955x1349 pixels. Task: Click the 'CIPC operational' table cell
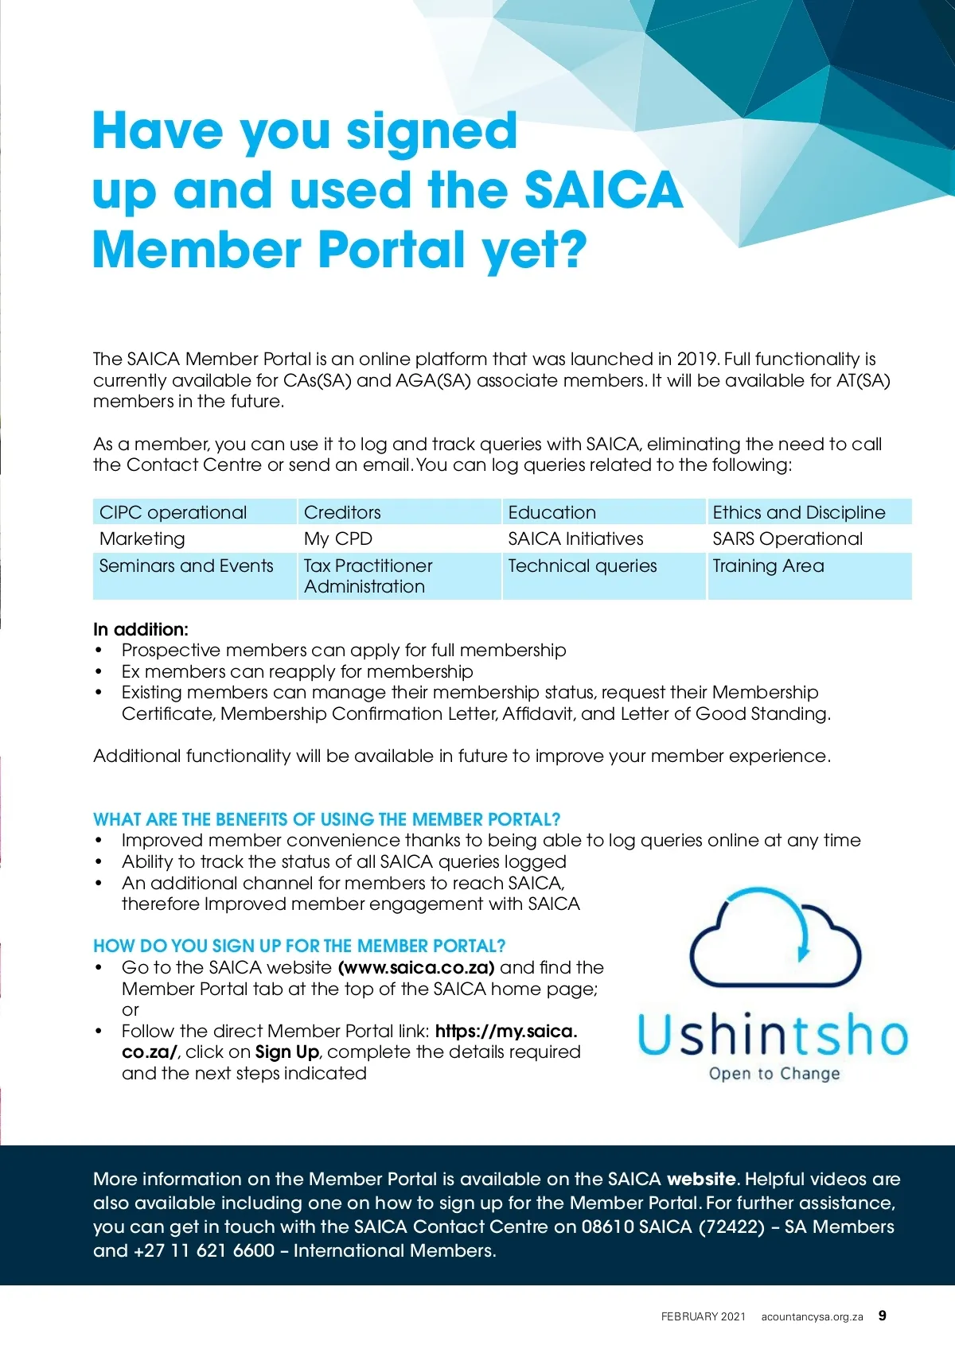click(x=173, y=512)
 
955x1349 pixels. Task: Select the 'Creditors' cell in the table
click(x=342, y=512)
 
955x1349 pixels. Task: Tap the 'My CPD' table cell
click(x=338, y=538)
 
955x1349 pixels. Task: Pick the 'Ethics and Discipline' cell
click(x=798, y=512)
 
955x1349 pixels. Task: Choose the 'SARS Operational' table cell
click(x=787, y=538)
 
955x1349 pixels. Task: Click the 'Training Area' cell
click(x=768, y=566)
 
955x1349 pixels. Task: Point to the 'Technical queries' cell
click(x=583, y=566)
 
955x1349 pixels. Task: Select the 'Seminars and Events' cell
click(x=186, y=566)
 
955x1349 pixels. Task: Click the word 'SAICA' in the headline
click(x=603, y=190)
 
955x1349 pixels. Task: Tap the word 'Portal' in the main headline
click(x=392, y=250)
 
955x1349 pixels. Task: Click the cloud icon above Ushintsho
click(x=774, y=939)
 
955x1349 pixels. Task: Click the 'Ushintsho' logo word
click(x=773, y=1035)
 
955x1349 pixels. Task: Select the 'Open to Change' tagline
click(x=774, y=1074)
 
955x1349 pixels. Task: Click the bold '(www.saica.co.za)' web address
click(x=416, y=968)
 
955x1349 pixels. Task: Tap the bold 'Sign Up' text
click(x=287, y=1052)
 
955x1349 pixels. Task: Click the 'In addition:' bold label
click(x=141, y=629)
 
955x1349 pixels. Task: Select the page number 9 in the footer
click(x=883, y=1316)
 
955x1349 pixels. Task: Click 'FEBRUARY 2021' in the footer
click(x=704, y=1316)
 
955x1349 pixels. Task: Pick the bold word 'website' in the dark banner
click(x=701, y=1179)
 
